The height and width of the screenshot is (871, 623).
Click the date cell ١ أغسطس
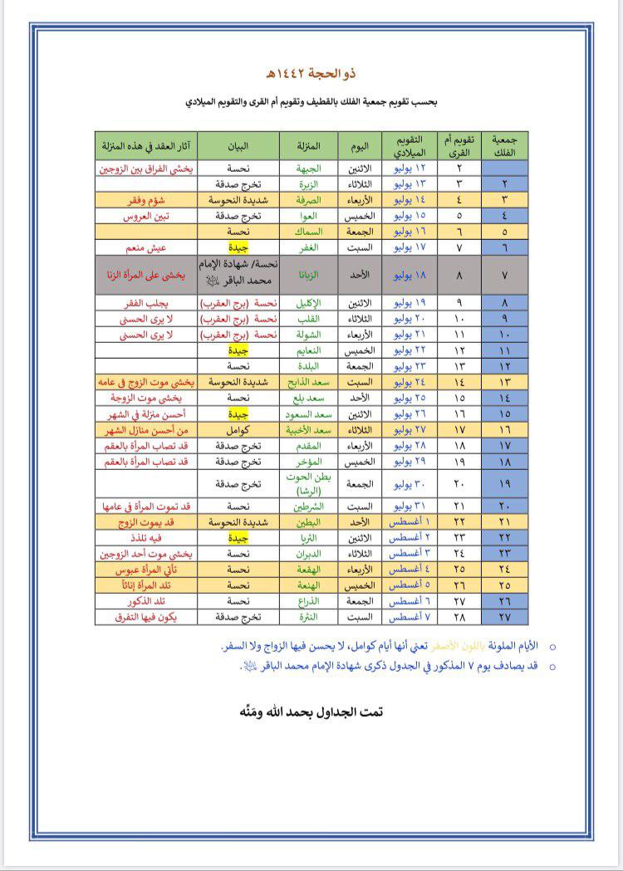pyautogui.click(x=408, y=521)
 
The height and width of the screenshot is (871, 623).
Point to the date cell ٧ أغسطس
pyautogui.click(x=408, y=617)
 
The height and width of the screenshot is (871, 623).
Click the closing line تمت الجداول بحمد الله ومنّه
pyautogui.click(x=311, y=712)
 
